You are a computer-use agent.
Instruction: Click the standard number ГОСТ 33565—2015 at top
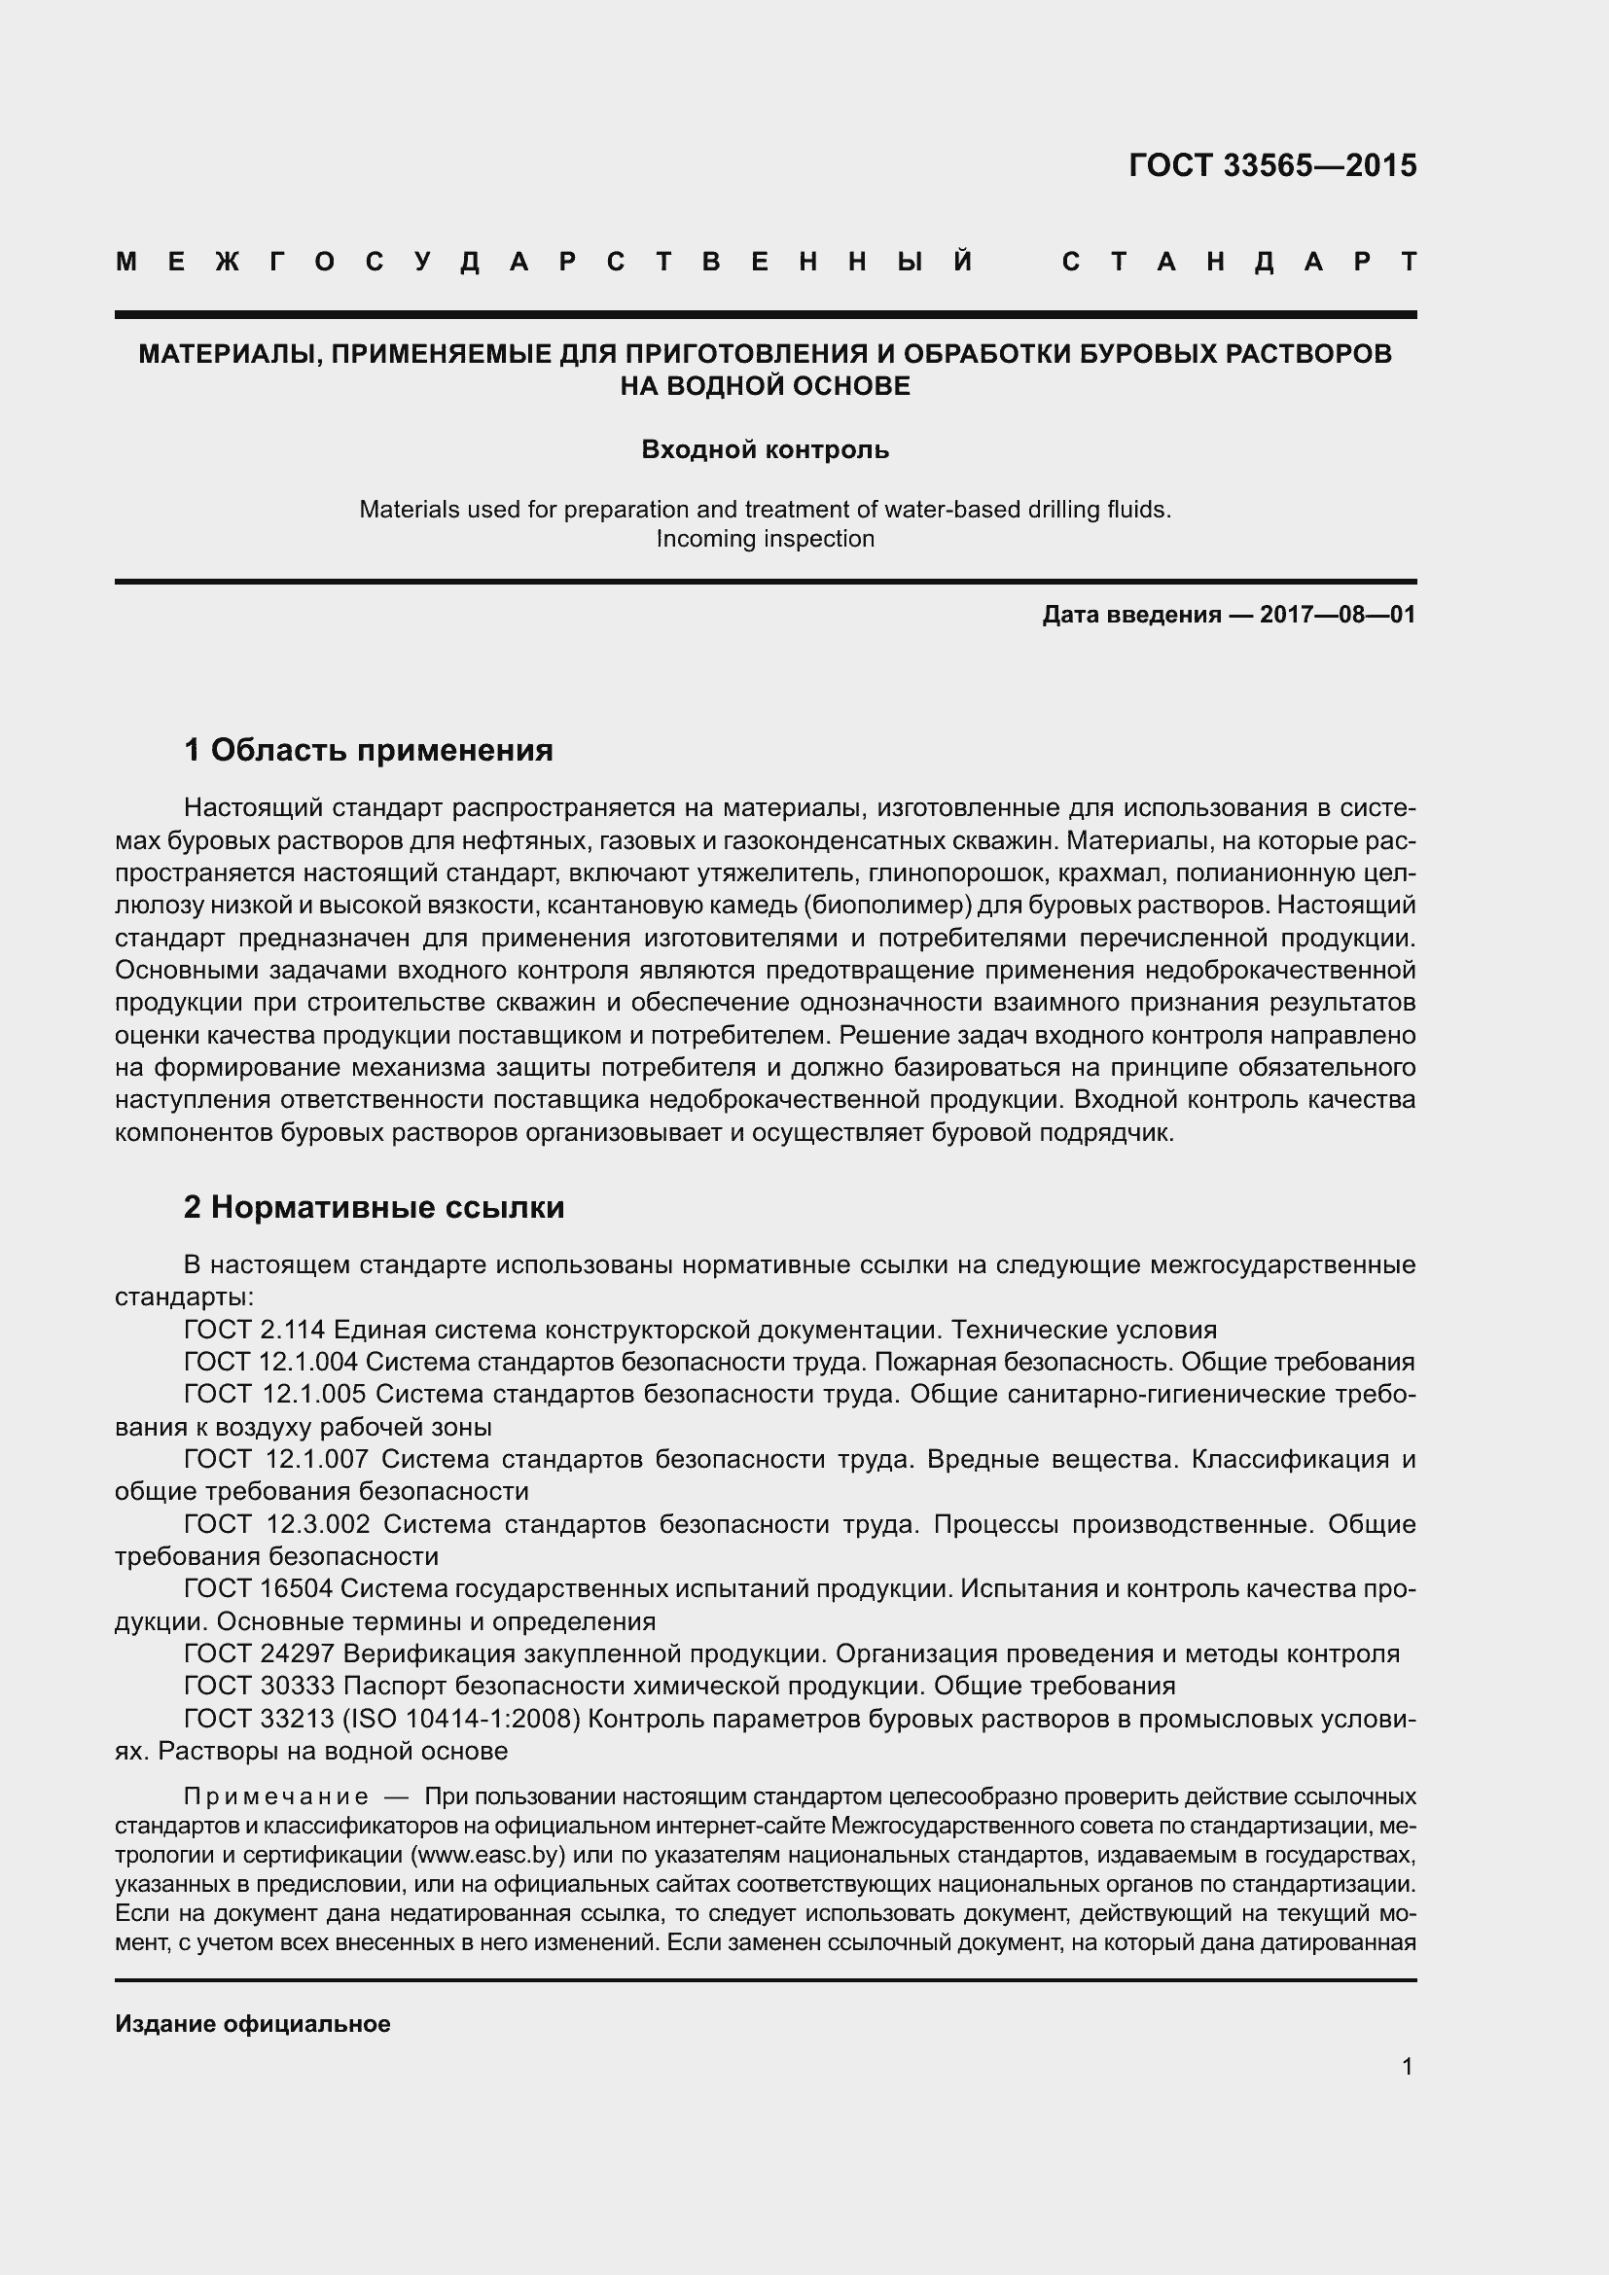pos(1272,165)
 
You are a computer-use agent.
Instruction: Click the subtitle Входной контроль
pos(765,450)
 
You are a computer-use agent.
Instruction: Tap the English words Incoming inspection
pos(765,539)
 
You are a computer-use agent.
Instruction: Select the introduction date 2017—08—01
pos(1337,615)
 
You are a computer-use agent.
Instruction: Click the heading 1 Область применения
pos(368,750)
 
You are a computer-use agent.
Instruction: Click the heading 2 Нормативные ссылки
pos(374,1207)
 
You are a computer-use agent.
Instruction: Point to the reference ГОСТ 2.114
pos(255,1330)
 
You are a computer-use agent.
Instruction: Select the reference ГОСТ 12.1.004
pos(269,1362)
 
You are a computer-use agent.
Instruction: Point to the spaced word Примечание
pos(276,1796)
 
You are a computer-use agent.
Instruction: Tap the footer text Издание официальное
pos(253,2023)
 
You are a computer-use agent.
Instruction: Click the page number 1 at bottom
pos(1407,2066)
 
